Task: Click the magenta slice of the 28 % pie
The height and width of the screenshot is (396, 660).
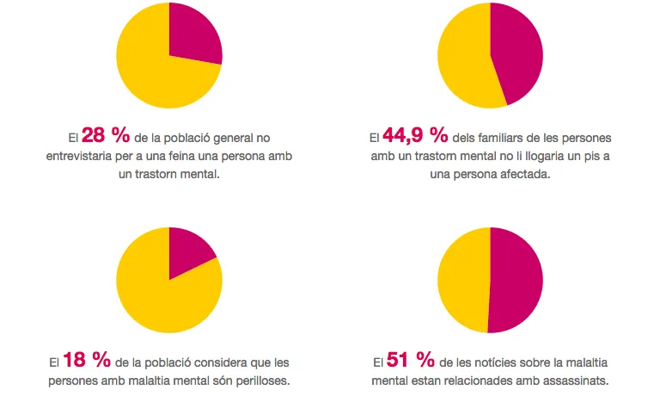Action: point(192,34)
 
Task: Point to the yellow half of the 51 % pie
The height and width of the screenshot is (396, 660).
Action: point(464,280)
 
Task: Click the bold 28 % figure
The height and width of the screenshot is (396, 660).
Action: point(105,136)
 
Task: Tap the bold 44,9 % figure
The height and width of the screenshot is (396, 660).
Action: point(415,136)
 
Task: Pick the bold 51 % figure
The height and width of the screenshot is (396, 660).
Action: point(412,359)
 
